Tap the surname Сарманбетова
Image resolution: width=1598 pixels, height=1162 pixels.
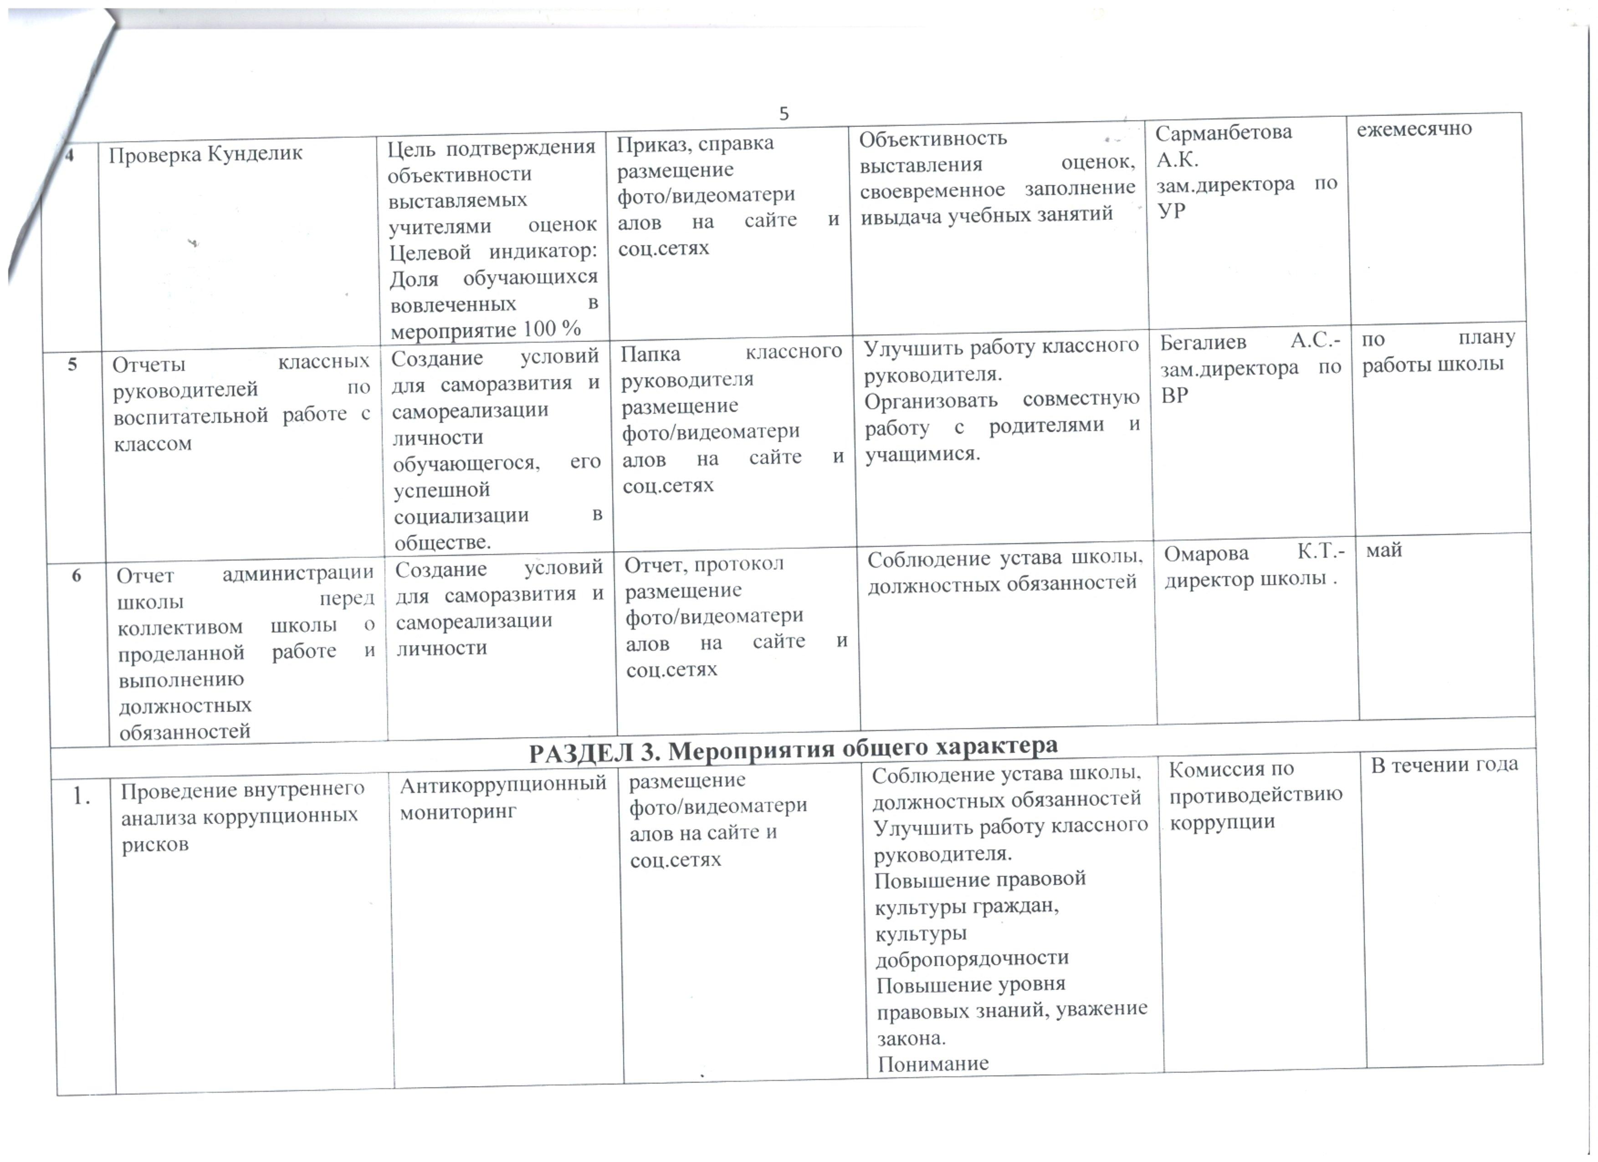[1224, 133]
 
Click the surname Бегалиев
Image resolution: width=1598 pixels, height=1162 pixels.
[1203, 343]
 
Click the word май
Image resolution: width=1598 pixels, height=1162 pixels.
[1384, 550]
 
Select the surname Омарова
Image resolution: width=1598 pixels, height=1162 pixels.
[1205, 554]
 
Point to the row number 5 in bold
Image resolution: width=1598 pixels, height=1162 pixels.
[72, 364]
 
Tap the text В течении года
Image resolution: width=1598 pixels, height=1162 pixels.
[1444, 765]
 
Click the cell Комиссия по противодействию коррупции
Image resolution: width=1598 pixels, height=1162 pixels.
[1255, 795]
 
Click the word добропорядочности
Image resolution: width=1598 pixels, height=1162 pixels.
[972, 958]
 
